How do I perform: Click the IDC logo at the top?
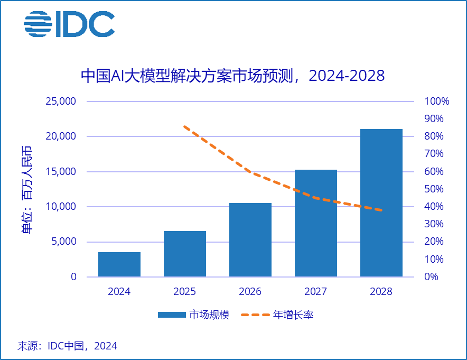tap(69, 24)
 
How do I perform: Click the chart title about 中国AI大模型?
tap(232, 76)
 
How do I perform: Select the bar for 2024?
tap(119, 264)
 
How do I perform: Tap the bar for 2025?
tap(185, 254)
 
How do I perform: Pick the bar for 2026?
tap(250, 240)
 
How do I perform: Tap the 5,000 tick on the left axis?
tap(61, 242)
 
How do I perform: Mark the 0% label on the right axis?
tap(431, 277)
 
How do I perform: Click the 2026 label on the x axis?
tap(250, 291)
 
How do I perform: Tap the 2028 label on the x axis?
tap(381, 291)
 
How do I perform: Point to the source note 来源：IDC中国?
tap(68, 346)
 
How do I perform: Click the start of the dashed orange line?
tap(184, 126)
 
